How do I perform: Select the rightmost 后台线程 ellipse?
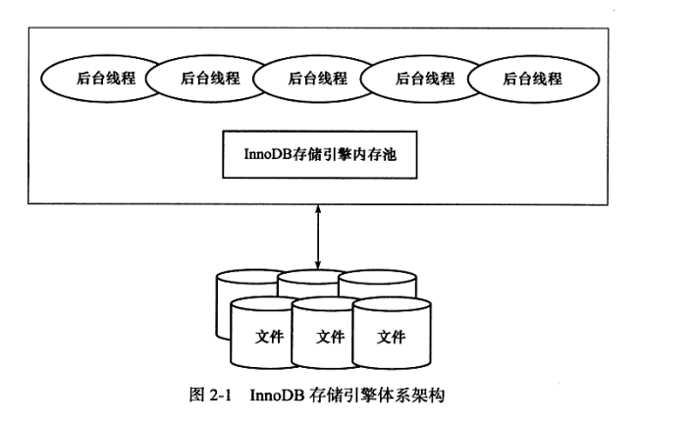pos(533,79)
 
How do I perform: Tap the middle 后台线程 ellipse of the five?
pos(318,79)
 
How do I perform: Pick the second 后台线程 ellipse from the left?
pos(210,79)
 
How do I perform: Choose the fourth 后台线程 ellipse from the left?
pos(425,79)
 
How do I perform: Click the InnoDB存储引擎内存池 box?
pos(320,154)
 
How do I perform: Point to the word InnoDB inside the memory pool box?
pos(268,154)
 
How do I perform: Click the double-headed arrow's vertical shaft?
pos(318,237)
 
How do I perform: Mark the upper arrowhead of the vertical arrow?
pos(318,208)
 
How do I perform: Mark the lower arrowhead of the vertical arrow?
pos(318,266)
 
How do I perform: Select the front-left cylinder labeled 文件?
pos(264,333)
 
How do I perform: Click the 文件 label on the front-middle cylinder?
pos(330,337)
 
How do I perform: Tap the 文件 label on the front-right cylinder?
pos(392,337)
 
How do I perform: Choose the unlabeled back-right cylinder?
pos(379,284)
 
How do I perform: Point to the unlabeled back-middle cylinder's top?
pos(311,277)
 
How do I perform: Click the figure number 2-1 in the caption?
pos(220,395)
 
